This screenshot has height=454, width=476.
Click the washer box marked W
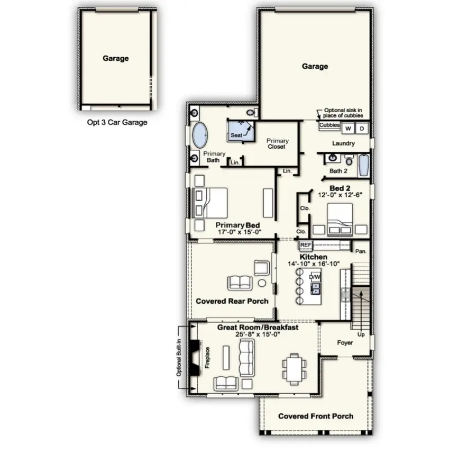349,129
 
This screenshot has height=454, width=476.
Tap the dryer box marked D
362,129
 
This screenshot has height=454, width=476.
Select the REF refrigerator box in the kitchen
306,245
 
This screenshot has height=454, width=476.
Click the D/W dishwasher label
315,277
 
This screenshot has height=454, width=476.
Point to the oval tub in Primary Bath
199,135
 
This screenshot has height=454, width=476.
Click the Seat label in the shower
236,135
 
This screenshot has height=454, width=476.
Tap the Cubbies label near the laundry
329,125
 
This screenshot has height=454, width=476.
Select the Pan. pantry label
361,251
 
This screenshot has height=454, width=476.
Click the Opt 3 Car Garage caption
117,122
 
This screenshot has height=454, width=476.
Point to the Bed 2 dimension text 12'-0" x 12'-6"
340,196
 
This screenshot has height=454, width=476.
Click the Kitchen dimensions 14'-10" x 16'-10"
314,264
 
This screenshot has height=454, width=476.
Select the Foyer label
345,342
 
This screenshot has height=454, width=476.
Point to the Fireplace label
207,357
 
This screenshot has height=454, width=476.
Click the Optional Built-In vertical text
179,358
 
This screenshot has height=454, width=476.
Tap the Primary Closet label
277,143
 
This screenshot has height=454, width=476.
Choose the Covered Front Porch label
316,416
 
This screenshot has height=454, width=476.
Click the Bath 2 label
338,171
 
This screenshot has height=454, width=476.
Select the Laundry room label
343,143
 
